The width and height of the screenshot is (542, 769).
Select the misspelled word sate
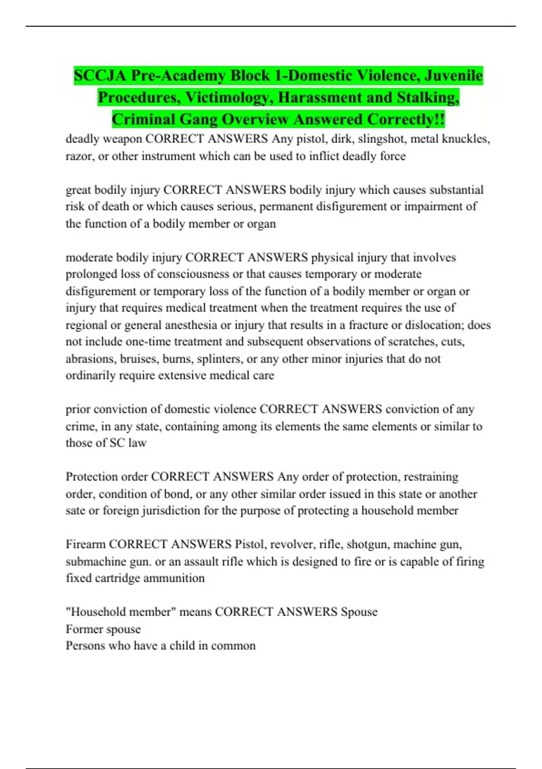75,510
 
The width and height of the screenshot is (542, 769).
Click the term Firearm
85,544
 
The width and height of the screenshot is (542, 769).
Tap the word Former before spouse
84,629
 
